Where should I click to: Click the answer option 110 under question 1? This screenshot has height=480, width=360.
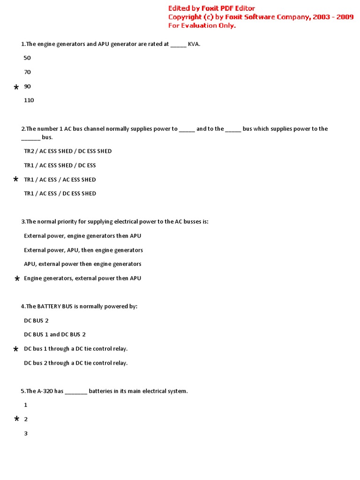coord(29,100)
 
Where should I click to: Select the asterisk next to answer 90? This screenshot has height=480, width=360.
coord(16,88)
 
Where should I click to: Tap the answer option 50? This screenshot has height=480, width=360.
coord(27,58)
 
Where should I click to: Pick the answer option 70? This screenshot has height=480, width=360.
coord(27,72)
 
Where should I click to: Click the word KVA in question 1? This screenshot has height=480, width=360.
coord(194,44)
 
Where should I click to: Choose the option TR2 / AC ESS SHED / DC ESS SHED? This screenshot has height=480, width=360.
coord(67,151)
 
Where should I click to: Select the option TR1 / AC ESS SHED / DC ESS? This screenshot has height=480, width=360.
coord(60,165)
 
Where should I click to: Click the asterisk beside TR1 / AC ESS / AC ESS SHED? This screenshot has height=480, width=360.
coord(16,180)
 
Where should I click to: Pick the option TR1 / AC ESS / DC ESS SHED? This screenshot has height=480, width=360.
coord(60,194)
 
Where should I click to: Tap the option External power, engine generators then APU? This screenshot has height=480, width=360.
coord(82,236)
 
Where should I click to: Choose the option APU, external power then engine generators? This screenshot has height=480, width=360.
coord(82,264)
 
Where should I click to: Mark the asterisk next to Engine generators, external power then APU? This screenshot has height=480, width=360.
coord(17,279)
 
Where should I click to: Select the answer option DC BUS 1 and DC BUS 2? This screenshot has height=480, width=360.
coord(54,335)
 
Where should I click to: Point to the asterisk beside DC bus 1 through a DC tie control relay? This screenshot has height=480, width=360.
coord(16,350)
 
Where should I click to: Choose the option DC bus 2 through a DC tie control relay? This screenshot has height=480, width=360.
coord(75,363)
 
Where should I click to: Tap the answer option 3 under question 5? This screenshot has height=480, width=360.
coord(26,434)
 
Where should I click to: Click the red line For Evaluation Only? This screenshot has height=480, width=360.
coord(202,25)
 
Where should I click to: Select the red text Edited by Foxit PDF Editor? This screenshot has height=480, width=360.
coord(211,8)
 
